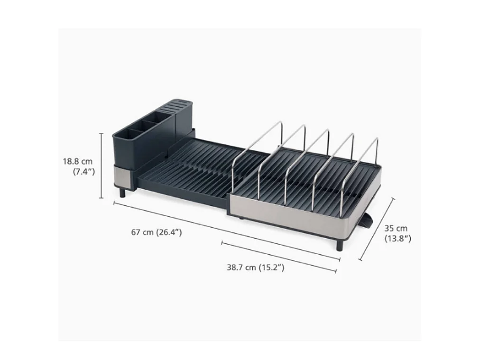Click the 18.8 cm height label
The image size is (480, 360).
[x=77, y=161]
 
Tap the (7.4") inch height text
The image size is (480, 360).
[x=83, y=172]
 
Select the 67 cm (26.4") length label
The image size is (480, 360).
[x=157, y=232]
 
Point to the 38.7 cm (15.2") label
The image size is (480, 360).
[x=256, y=267]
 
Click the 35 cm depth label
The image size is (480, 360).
[x=396, y=228]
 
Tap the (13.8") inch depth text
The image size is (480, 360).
[x=397, y=239]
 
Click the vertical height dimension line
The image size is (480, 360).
[x=102, y=166]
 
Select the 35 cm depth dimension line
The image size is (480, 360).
[x=377, y=229]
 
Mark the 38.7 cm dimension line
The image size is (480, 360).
[x=279, y=257]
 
